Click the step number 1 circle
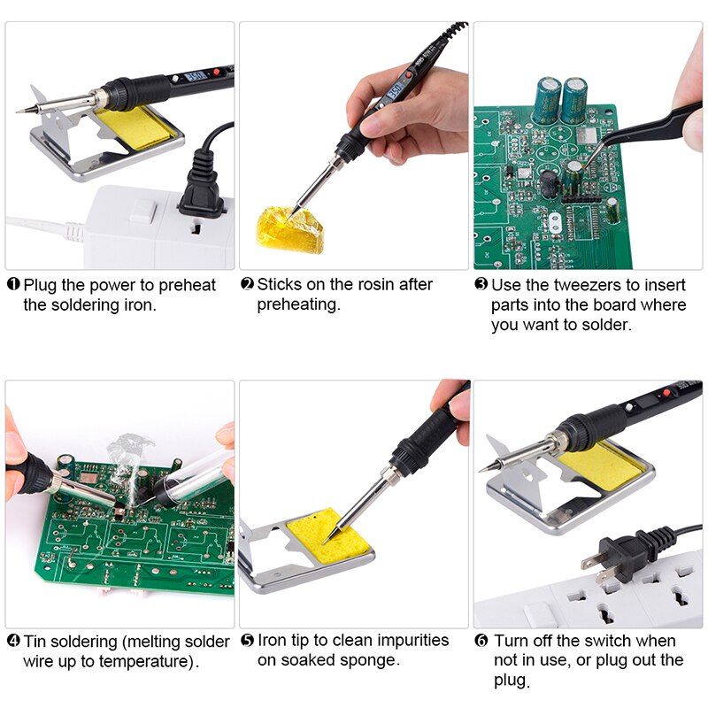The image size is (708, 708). tap(13, 285)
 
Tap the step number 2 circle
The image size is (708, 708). tap(247, 285)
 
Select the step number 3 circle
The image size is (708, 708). tap(481, 285)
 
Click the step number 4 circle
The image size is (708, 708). tap(13, 641)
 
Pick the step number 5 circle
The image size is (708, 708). tap(247, 640)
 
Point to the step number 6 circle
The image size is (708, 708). tap(481, 641)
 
